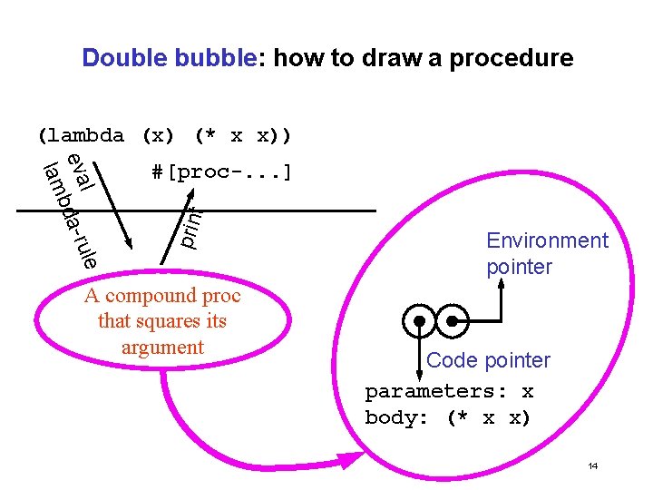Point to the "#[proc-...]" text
click(221, 171)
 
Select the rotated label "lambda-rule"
click(69, 214)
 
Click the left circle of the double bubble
click(420, 320)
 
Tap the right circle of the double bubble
click(452, 320)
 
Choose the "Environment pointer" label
click(547, 253)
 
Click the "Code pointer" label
click(488, 360)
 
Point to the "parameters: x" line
click(449, 392)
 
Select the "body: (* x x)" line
click(447, 418)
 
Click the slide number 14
click(592, 466)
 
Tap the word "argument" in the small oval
click(162, 347)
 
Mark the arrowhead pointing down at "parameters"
click(419, 369)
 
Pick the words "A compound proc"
click(162, 296)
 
